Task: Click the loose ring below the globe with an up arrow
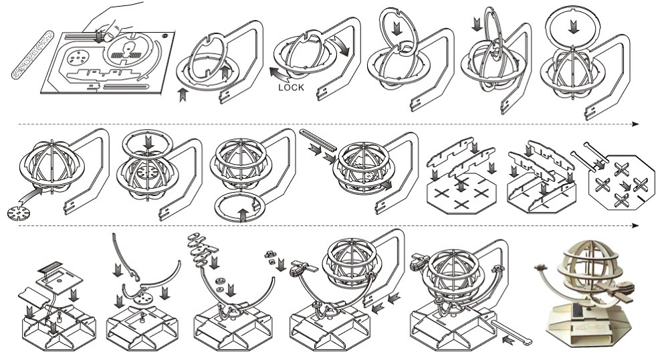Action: tap(237, 208)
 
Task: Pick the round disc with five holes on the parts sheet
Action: tap(79, 58)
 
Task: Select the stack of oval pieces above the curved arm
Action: tap(200, 247)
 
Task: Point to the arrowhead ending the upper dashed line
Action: tap(635, 124)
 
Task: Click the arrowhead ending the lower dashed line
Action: tap(635, 226)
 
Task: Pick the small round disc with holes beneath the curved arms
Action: tap(142, 294)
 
